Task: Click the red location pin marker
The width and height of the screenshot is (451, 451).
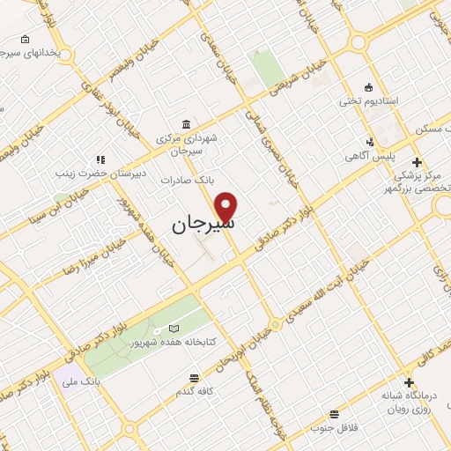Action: (227, 206)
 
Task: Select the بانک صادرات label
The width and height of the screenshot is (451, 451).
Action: (188, 179)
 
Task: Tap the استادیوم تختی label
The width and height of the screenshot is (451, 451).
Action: (369, 101)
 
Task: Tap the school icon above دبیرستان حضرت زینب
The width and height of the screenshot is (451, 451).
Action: (100, 159)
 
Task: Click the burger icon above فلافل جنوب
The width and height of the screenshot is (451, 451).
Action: (333, 414)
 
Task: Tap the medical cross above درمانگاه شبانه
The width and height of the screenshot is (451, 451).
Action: (409, 382)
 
